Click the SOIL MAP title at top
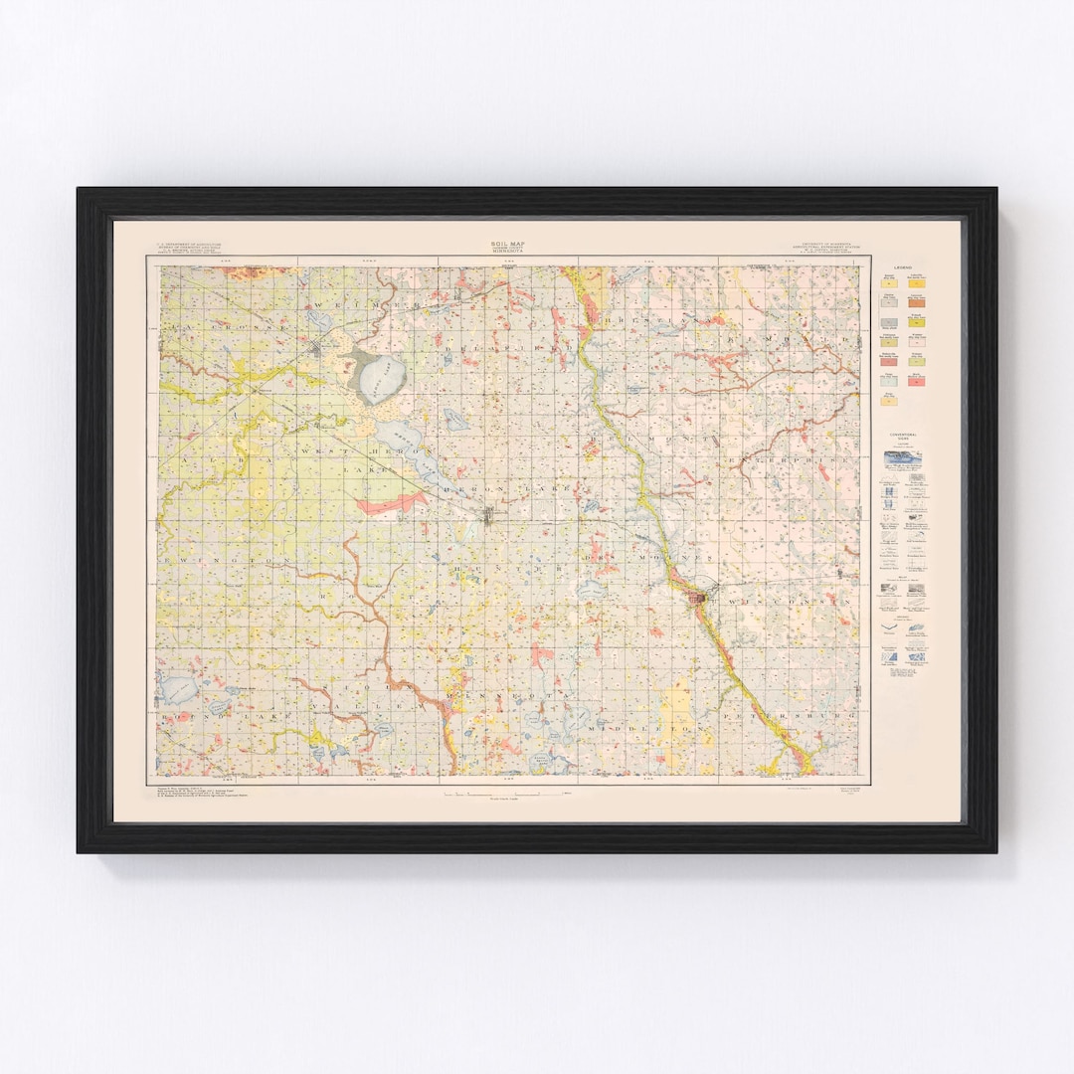[x=506, y=244]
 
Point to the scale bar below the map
[x=506, y=793]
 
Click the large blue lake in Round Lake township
[x=179, y=687]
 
